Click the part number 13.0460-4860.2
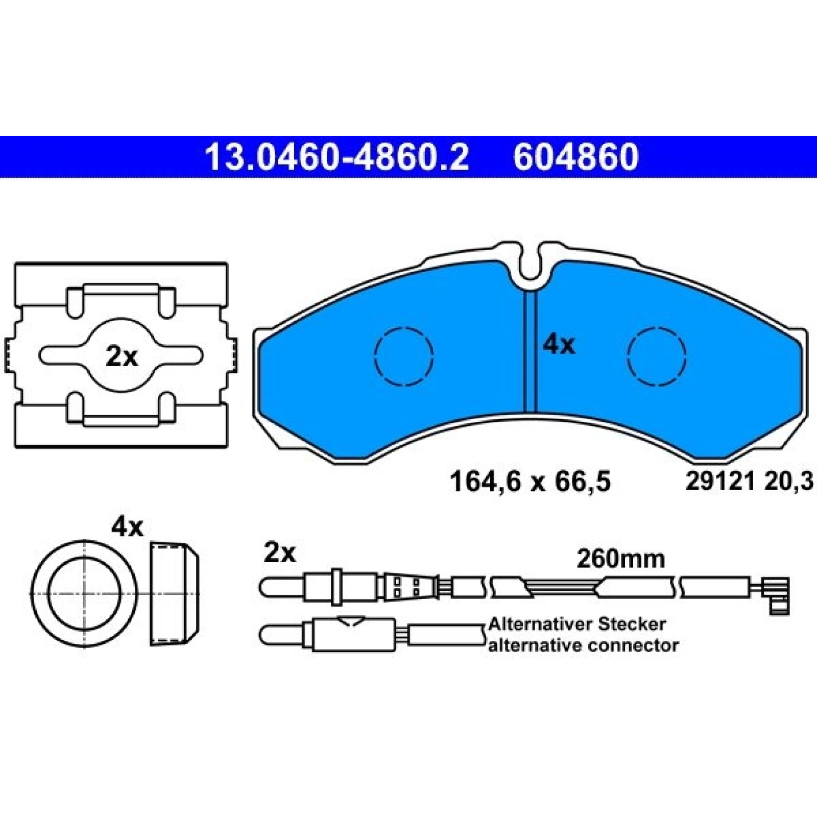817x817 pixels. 337,157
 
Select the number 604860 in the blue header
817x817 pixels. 576,157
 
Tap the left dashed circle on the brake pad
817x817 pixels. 404,355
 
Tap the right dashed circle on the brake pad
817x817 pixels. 657,356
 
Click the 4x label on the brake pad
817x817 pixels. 559,345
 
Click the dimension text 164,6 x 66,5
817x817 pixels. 530,482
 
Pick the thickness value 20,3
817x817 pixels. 788,481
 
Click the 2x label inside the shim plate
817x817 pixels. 122,357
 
